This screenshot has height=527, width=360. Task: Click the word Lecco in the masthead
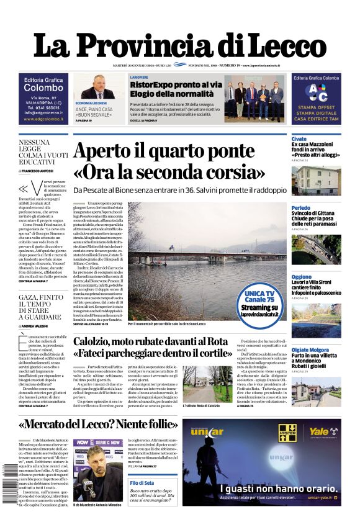coord(280,47)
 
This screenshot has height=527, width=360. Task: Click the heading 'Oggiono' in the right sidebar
coord(302,277)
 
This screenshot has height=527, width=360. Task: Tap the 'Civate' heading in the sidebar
coord(299,139)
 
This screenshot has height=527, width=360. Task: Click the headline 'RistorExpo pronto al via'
coord(176,85)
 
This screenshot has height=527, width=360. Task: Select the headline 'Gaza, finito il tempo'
coord(40,308)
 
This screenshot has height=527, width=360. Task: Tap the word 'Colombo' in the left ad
coord(43,88)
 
